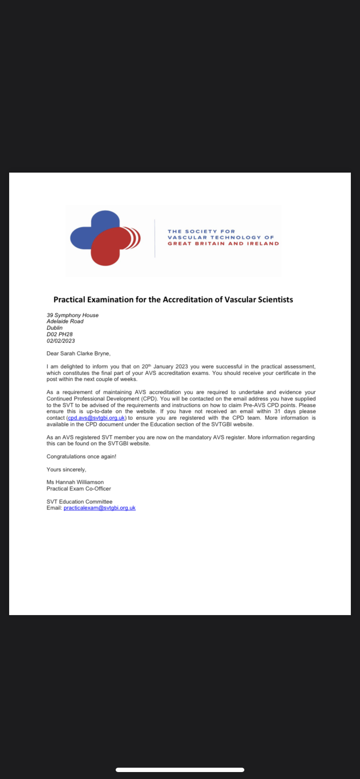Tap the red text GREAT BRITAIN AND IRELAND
pos(223,244)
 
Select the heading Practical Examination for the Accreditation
pos(173,300)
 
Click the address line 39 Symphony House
pos(73,315)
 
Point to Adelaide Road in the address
pos(65,321)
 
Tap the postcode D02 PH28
pos(60,334)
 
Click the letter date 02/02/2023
pos(60,341)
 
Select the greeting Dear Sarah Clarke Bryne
pos(78,353)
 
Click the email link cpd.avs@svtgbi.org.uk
pos(97,418)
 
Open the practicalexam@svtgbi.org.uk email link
pos(100,508)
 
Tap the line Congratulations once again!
pos(81,456)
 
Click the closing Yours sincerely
pos(66,469)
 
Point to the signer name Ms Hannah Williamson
pos(75,482)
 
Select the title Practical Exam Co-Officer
pos(79,489)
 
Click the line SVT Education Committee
pos(79,502)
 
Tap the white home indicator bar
pos(180,769)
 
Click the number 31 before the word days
pos(277,411)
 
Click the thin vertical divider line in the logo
pos(155,238)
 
